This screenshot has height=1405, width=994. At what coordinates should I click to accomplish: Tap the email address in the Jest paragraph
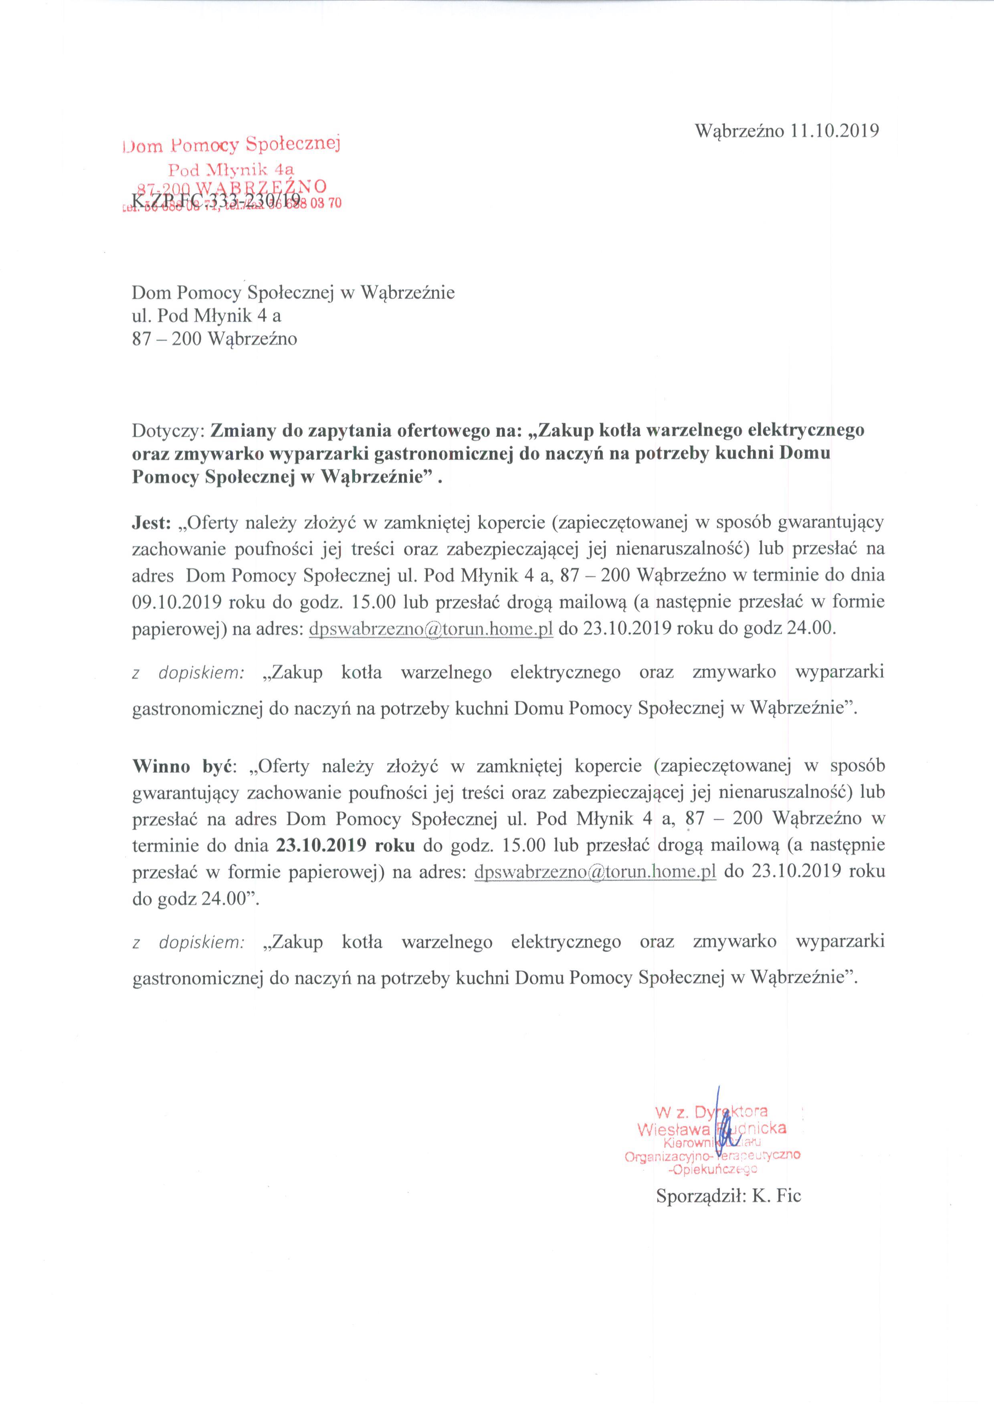432,629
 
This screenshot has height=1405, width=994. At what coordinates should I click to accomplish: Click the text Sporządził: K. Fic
728,1196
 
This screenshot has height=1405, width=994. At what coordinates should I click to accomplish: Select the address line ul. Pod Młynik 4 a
207,316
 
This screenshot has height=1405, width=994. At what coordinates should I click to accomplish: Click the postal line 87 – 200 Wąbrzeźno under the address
214,339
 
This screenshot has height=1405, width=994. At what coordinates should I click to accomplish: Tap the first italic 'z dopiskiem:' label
188,673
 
